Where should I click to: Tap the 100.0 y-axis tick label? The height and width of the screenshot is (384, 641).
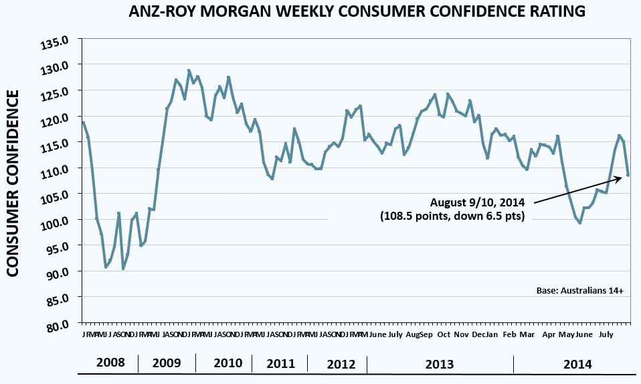(x=56, y=220)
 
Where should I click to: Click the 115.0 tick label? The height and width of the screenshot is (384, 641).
(x=56, y=143)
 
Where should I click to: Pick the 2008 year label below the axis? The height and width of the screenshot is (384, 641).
(x=110, y=364)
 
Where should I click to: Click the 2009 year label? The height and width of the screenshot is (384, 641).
(x=167, y=364)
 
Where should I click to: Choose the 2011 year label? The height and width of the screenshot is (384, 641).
(x=280, y=364)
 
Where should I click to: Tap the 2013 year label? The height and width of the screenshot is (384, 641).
(x=439, y=364)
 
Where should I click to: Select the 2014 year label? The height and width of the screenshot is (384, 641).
(x=577, y=364)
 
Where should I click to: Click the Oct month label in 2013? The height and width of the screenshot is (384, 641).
(x=443, y=334)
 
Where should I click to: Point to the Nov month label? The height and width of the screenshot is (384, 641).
(x=462, y=334)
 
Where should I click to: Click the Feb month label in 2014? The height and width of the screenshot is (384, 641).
(x=510, y=334)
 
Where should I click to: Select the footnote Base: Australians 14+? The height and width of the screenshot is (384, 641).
(x=579, y=292)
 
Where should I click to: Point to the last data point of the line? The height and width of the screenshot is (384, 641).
(x=628, y=175)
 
